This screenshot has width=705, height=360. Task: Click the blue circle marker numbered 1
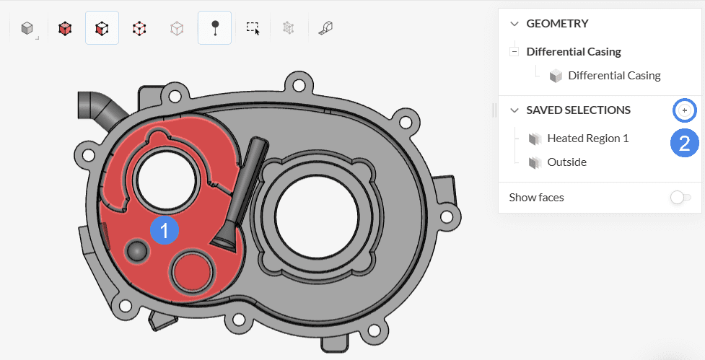tap(165, 231)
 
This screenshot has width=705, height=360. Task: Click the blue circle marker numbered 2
tap(684, 142)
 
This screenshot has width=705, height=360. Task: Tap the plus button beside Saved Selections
tap(684, 110)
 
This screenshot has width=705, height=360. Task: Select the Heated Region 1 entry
tap(587, 138)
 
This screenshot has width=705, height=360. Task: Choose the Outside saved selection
tap(566, 162)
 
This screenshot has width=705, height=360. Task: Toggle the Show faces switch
tap(680, 198)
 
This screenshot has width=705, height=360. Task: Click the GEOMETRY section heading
tap(557, 23)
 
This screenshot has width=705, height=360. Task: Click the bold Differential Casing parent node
tap(574, 51)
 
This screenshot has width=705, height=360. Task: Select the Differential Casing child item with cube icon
tap(613, 75)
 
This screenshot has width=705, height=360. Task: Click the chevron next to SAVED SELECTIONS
tap(514, 110)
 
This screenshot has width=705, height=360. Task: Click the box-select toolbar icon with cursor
tap(252, 28)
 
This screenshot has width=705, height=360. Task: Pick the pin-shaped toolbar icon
tap(214, 28)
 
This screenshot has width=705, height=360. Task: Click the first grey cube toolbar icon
tap(27, 28)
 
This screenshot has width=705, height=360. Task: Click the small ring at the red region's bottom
tap(191, 273)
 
